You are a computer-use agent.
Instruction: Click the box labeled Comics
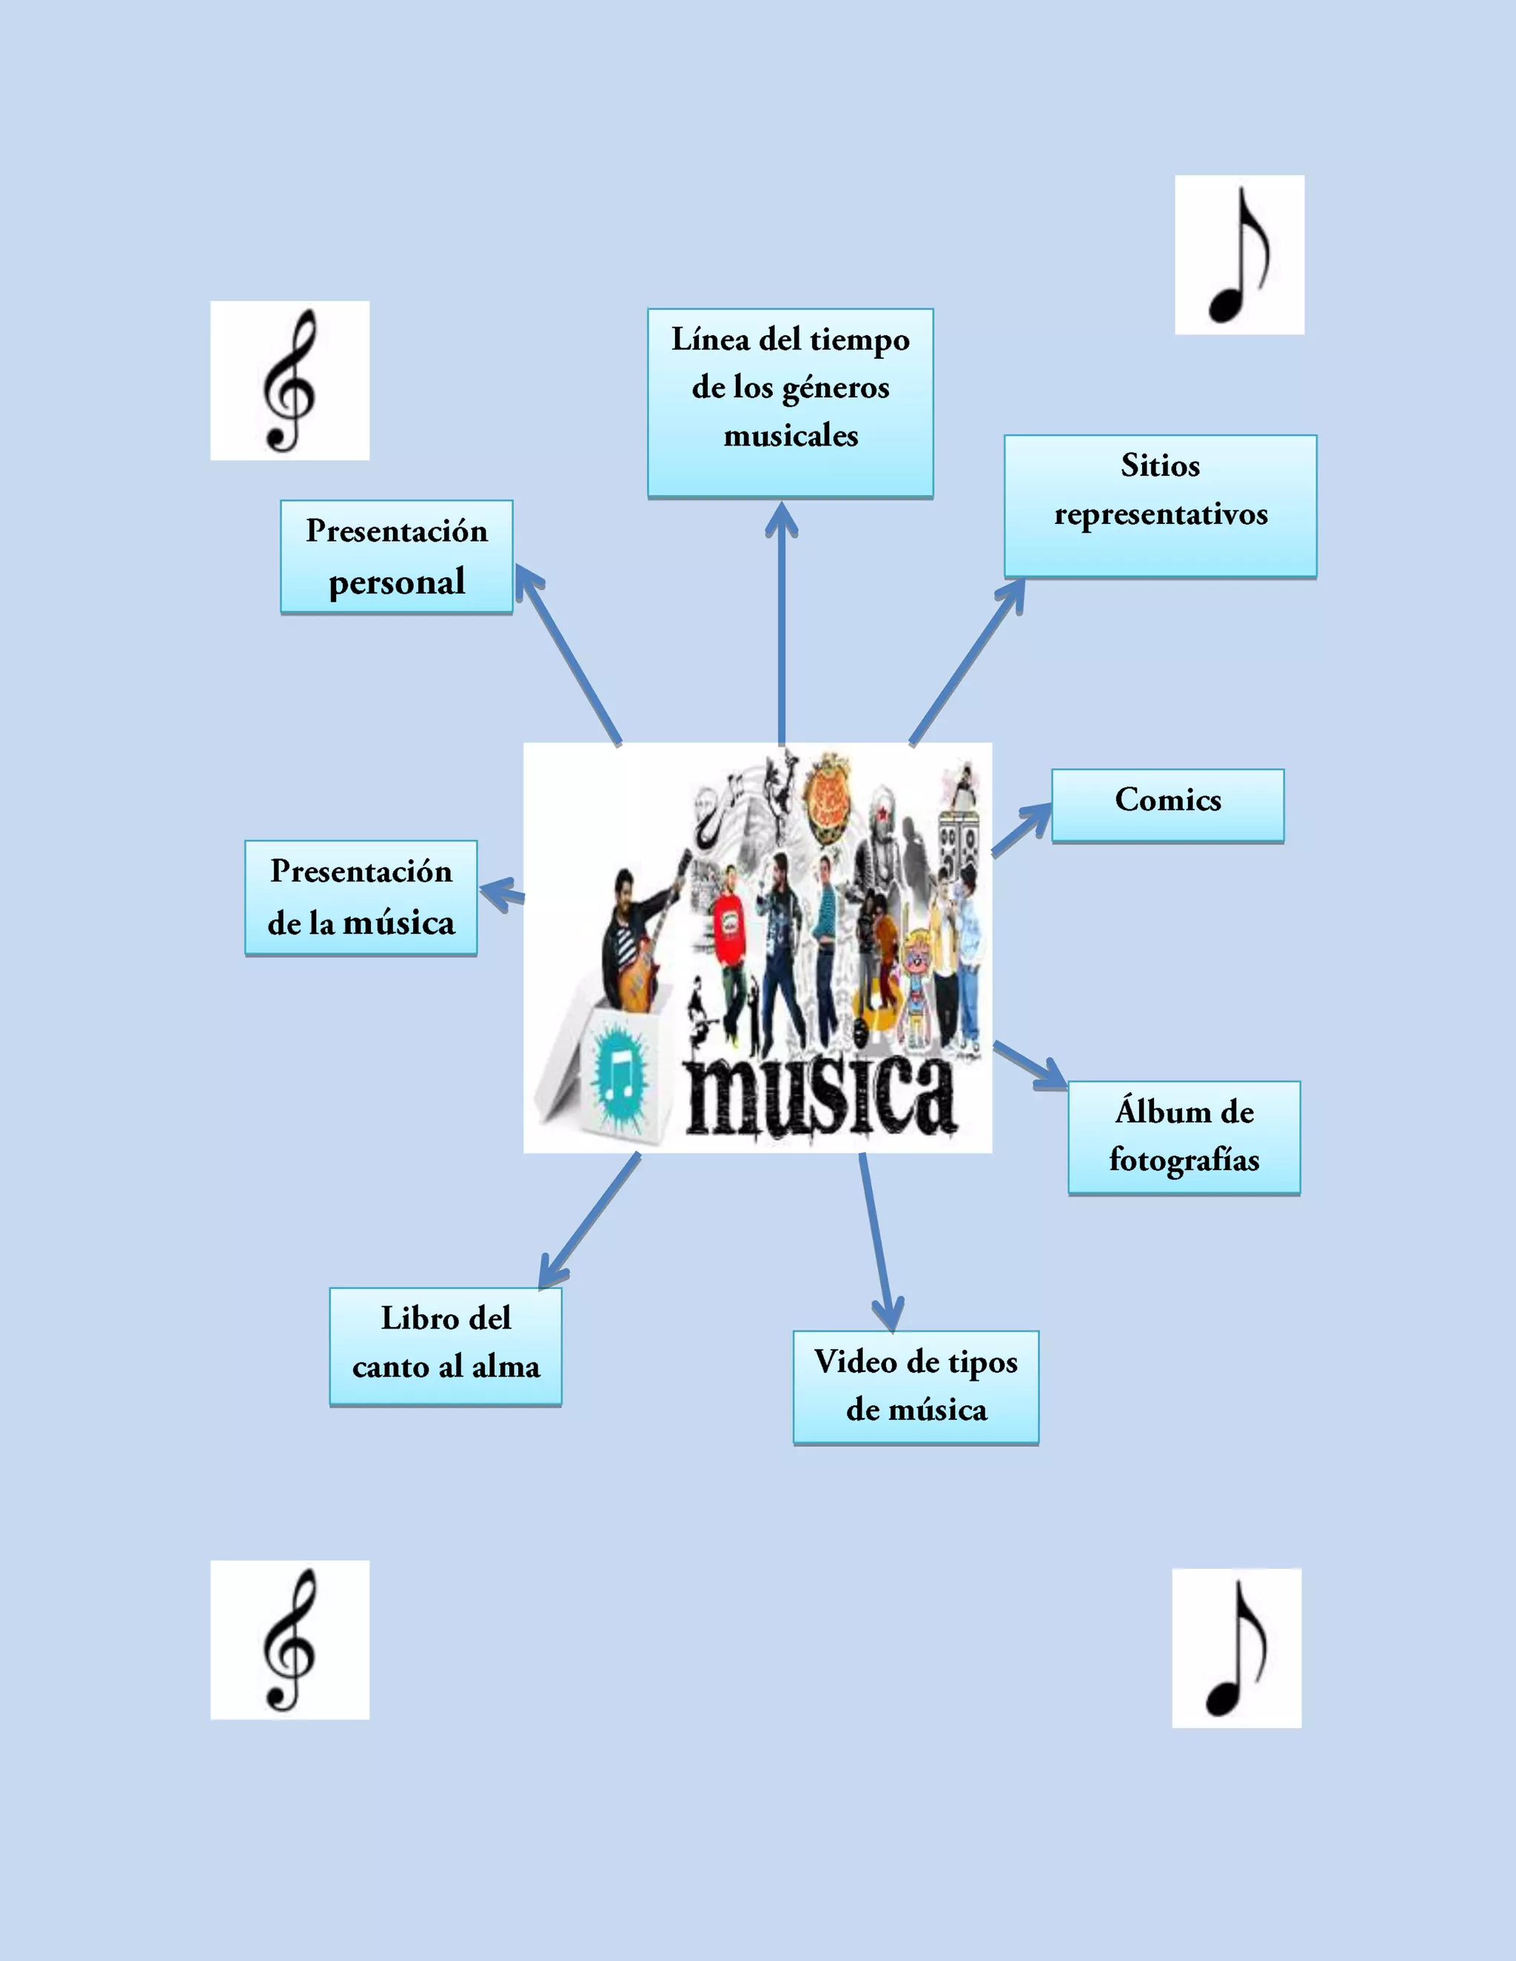pyautogui.click(x=1167, y=804)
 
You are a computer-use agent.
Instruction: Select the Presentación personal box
pyautogui.click(x=396, y=556)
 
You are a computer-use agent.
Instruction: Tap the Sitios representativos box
pyautogui.click(x=1159, y=505)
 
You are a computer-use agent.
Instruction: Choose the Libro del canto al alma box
pyautogui.click(x=446, y=1345)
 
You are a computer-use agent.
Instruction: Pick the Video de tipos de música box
pyautogui.click(x=915, y=1386)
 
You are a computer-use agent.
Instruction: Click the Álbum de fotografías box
pyautogui.click(x=1184, y=1137)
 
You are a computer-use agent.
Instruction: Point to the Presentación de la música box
pyautogui.click(x=361, y=897)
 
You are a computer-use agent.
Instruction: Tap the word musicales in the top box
pyautogui.click(x=791, y=437)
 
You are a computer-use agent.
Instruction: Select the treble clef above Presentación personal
pyautogui.click(x=289, y=380)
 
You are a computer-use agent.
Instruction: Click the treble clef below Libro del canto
pyautogui.click(x=289, y=1640)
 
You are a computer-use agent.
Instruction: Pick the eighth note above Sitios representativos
pyautogui.click(x=1239, y=255)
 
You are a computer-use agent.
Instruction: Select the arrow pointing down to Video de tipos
pyautogui.click(x=876, y=1239)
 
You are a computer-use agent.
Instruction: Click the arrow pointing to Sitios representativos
pyautogui.click(x=965, y=665)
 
